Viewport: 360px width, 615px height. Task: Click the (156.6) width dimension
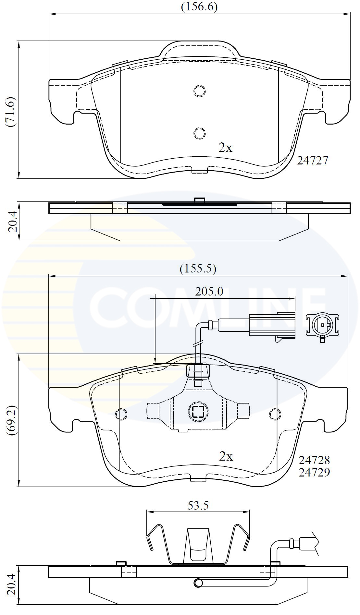point(199,7)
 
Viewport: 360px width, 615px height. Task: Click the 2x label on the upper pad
point(225,148)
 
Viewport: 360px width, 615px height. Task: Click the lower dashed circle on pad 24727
point(199,133)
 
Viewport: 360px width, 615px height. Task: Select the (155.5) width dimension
point(198,269)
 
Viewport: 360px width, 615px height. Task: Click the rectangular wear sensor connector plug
point(272,324)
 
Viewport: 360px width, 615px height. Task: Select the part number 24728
point(314,460)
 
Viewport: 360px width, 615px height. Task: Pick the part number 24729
point(314,472)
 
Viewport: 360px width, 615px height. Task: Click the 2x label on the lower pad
point(226,457)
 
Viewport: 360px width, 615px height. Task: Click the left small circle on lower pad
point(121,414)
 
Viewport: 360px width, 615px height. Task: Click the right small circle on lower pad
point(275,414)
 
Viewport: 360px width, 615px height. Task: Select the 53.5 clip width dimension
point(198,505)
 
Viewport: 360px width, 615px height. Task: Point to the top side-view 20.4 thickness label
point(12,222)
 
